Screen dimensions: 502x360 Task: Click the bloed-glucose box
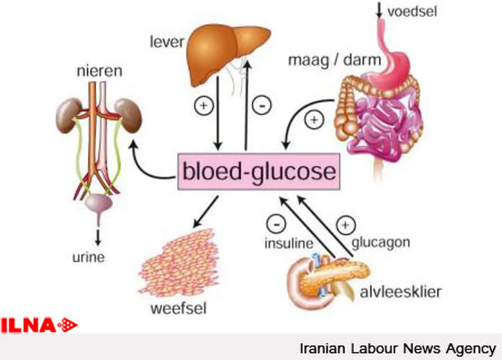[259, 171]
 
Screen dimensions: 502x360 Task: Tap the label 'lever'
[167, 42]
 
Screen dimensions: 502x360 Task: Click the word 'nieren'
[100, 71]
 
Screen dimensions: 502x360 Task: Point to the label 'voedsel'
[412, 11]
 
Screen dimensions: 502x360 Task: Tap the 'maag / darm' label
[334, 61]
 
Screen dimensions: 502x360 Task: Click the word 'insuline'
[289, 243]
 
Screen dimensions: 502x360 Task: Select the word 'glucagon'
[381, 243]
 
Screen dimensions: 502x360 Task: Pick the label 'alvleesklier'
[401, 292]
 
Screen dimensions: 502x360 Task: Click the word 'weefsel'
[178, 309]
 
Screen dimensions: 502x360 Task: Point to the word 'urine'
[89, 258]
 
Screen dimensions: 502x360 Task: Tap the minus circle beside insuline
[277, 224]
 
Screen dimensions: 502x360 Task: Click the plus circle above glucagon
[346, 225]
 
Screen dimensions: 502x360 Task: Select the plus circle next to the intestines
[314, 120]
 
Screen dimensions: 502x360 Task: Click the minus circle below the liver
[262, 105]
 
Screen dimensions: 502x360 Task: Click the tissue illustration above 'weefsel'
[179, 262]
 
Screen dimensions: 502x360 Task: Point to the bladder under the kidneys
[99, 203]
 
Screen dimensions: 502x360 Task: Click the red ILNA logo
[39, 325]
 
